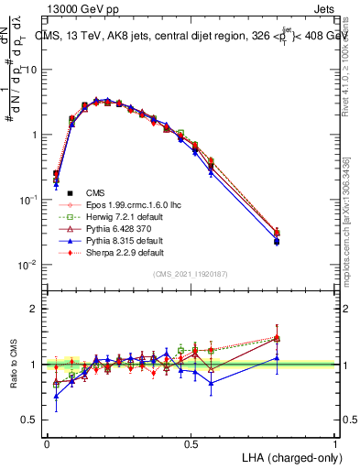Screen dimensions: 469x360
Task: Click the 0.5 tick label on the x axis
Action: tap(191, 442)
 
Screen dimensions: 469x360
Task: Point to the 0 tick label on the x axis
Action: tap(47, 442)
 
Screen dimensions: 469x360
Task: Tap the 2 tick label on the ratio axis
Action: tap(35, 309)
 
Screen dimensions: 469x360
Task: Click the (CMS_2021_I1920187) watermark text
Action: tap(191, 274)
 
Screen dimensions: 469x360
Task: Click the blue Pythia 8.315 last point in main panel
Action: tap(302, 242)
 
